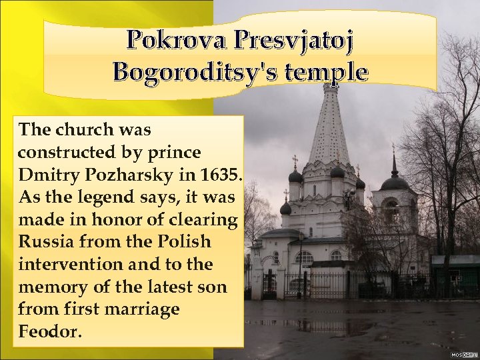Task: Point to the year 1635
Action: [x=221, y=175]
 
